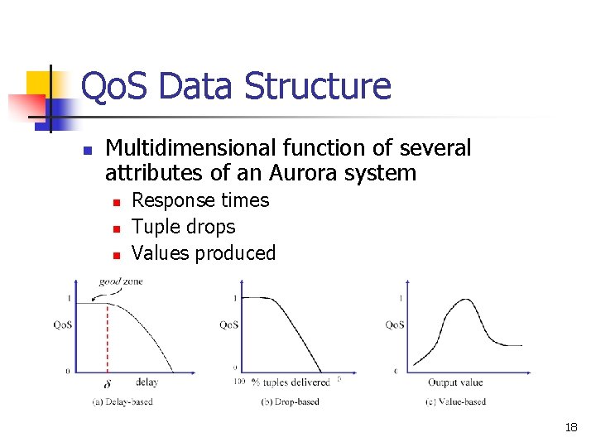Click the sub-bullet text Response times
200,200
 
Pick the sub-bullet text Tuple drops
183,227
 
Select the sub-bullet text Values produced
203,253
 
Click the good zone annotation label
121,281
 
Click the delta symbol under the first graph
107,383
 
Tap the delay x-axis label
147,382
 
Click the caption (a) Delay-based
122,402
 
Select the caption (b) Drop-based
290,402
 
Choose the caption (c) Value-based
454,402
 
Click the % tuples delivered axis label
291,382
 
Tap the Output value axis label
455,382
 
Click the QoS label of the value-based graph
395,325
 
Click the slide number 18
570,428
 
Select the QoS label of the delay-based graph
63,325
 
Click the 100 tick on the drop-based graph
239,382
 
